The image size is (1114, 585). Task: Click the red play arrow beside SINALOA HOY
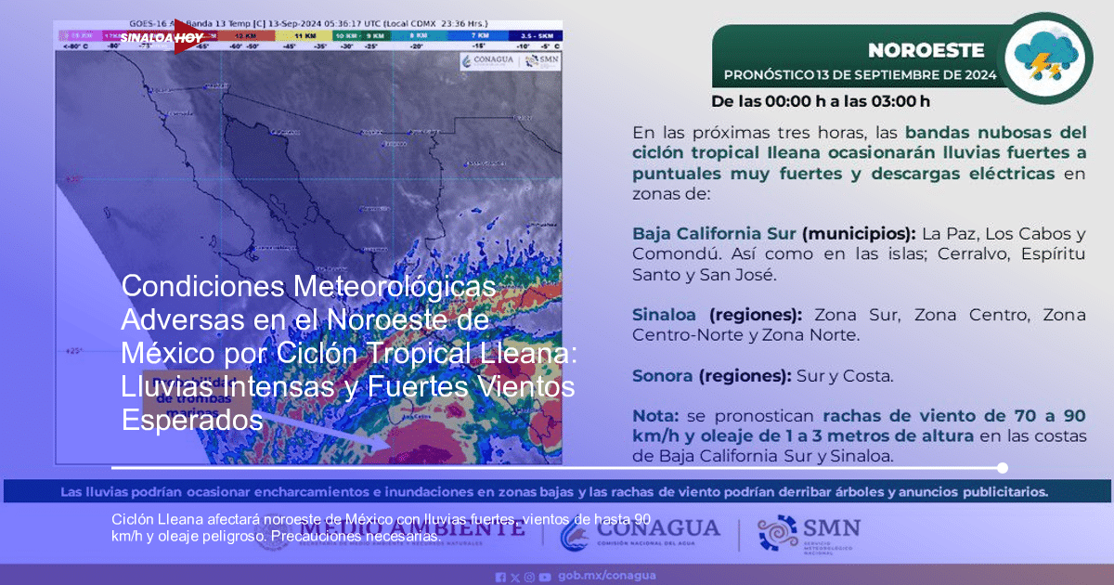tap(187, 38)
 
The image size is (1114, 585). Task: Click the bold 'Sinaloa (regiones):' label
tap(719, 315)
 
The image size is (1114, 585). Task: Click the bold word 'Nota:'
tap(655, 415)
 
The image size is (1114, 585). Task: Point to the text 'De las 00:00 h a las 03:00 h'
tap(820, 101)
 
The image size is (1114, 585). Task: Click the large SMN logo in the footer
tap(809, 534)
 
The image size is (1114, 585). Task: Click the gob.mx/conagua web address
tap(607, 576)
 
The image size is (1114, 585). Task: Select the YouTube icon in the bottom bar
tap(544, 577)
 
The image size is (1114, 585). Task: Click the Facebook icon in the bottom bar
tap(501, 577)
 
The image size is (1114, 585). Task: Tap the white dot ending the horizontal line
tap(1002, 468)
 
